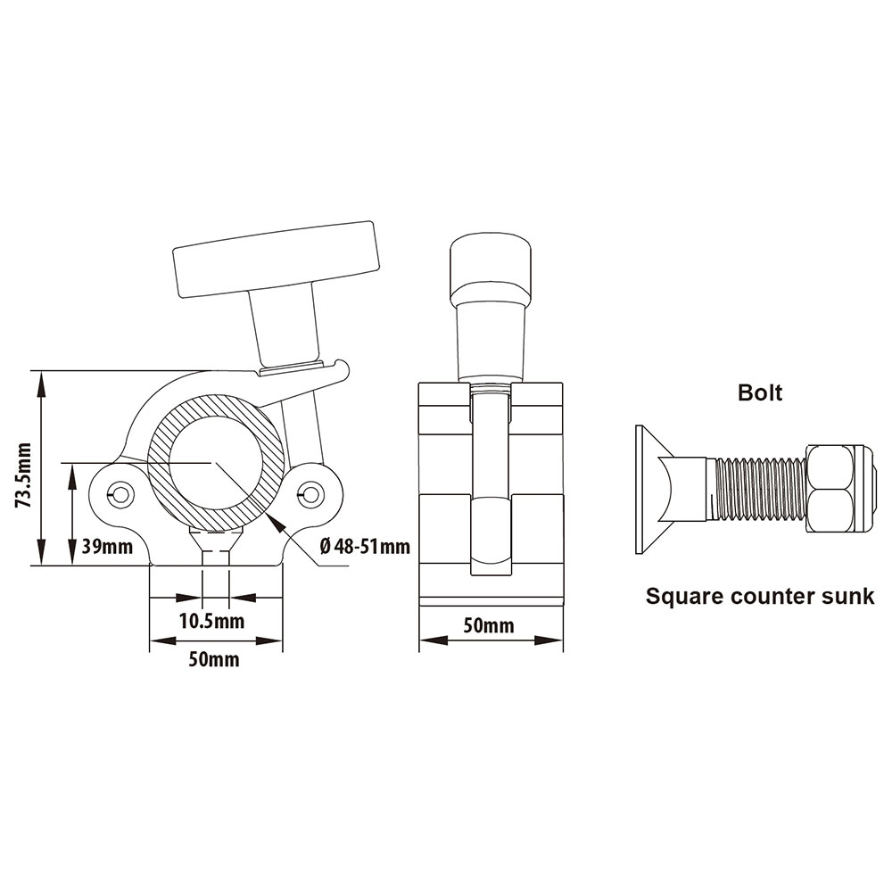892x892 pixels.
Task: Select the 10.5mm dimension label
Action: [212, 620]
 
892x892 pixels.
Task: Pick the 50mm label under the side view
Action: [489, 625]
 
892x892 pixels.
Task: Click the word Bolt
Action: [759, 392]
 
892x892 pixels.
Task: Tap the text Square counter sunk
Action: [759, 597]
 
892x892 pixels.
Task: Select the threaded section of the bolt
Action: [760, 488]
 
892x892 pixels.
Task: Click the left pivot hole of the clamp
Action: [120, 493]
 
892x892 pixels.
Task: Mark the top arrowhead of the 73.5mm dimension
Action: [41, 379]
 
